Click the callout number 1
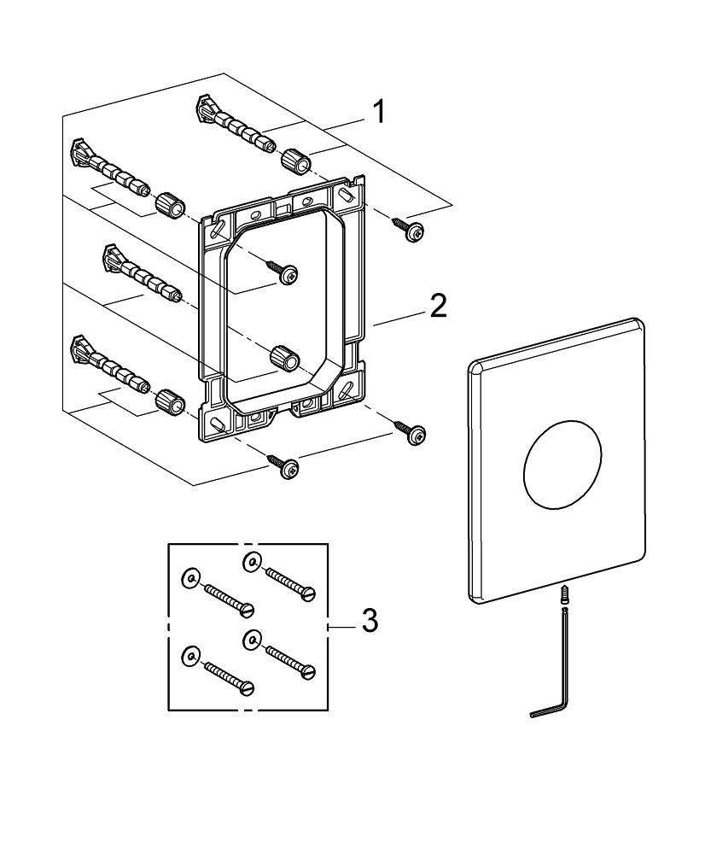click(377, 111)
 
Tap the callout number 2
click(437, 305)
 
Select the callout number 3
click(369, 621)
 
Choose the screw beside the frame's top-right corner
click(410, 228)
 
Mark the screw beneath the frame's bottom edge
click(285, 465)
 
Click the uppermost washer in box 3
click(251, 561)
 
